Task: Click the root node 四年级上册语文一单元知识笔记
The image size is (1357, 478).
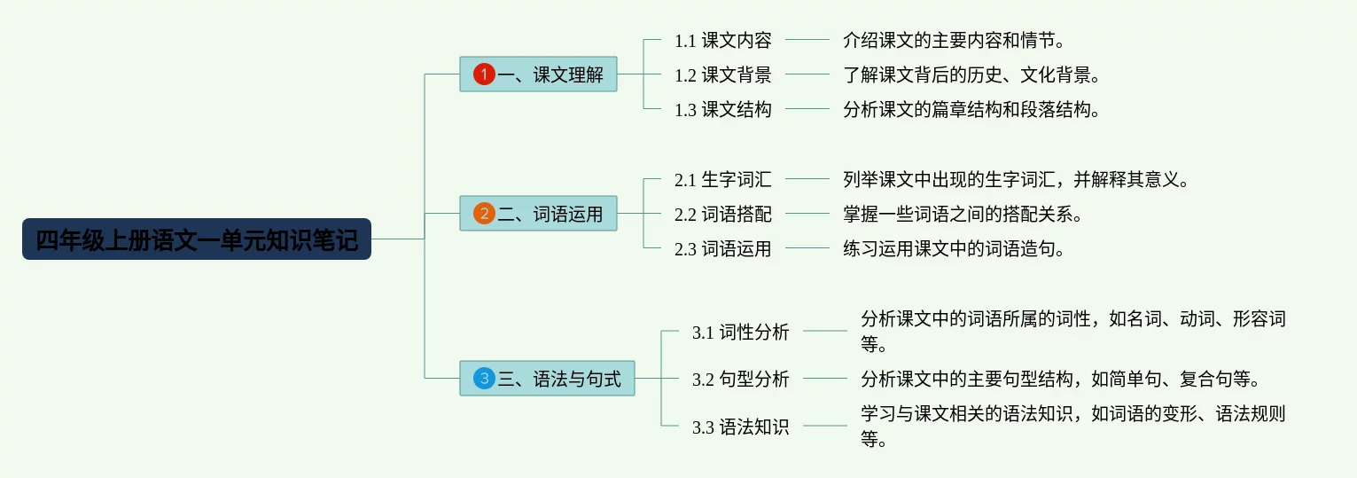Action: (197, 239)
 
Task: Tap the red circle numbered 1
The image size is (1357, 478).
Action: (484, 74)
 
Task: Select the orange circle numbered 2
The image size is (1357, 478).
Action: (484, 214)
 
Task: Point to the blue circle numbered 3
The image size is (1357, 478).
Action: (484, 379)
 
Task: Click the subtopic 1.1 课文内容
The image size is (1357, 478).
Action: (722, 40)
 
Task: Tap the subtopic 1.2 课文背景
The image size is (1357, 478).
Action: (722, 74)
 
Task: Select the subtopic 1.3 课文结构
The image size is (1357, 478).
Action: (722, 110)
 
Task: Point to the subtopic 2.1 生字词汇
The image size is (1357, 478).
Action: (722, 179)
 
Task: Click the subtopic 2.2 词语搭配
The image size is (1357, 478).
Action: (722, 214)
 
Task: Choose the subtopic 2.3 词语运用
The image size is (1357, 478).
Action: (722, 249)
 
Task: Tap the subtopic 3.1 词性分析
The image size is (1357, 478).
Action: (740, 332)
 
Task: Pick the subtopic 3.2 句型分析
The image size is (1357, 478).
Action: (740, 379)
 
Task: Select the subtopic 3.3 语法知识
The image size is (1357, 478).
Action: (740, 427)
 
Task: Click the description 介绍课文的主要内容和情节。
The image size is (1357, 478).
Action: (953, 40)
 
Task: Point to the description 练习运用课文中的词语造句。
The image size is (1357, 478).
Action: (953, 249)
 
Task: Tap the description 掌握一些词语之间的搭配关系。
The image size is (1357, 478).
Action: (962, 214)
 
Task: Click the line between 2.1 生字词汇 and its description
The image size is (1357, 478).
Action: (807, 179)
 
